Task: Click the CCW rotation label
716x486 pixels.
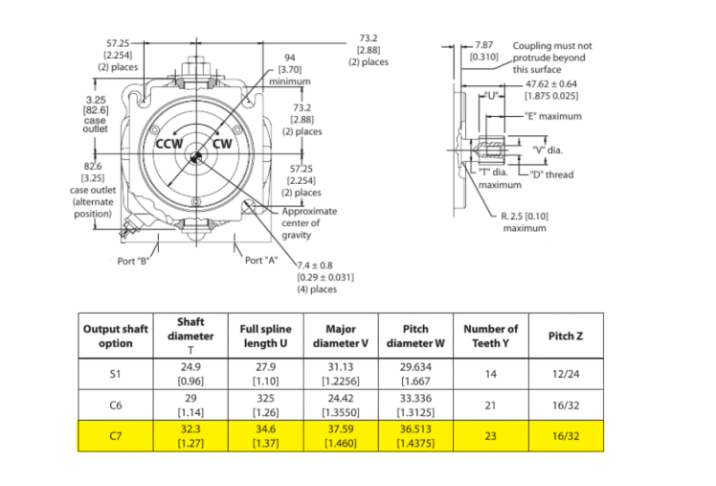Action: [169, 144]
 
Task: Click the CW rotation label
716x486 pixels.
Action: [222, 144]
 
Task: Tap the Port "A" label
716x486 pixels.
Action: [261, 261]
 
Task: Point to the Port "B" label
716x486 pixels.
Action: [133, 261]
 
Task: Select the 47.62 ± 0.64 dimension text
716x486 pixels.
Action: [551, 84]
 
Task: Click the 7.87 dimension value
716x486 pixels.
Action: [484, 45]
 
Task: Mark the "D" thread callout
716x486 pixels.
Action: [551, 174]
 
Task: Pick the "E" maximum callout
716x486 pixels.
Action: [553, 116]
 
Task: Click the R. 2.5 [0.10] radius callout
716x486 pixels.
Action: [525, 216]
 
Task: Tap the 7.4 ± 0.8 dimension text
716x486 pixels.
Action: [315, 266]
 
